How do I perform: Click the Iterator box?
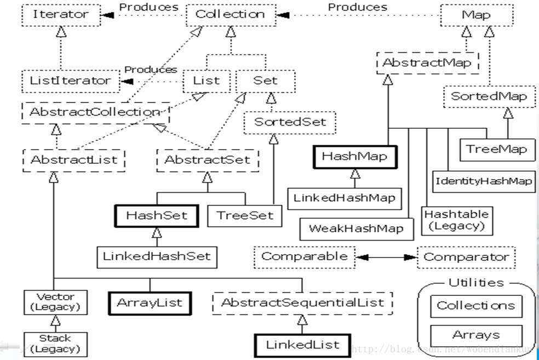tap(61, 15)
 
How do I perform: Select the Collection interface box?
tap(231, 15)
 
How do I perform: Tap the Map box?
tap(477, 15)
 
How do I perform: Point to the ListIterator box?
tap(71, 81)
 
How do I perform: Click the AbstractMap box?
tap(427, 63)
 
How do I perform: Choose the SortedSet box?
tap(289, 122)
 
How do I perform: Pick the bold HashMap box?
tap(355, 157)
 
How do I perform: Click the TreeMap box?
tap(497, 150)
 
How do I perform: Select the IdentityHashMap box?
tap(484, 181)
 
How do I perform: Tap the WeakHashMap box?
tap(357, 229)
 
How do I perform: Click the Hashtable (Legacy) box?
tap(457, 221)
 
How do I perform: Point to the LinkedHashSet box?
tap(157, 257)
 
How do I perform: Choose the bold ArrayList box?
tap(150, 303)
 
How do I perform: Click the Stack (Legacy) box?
tap(55, 344)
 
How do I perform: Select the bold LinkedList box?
tap(302, 345)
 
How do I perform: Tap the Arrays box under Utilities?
tap(476, 335)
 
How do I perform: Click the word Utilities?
tap(476, 283)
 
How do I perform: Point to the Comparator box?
tap(466, 257)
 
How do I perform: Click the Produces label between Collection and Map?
tap(358, 7)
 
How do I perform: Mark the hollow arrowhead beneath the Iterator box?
tap(61, 32)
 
